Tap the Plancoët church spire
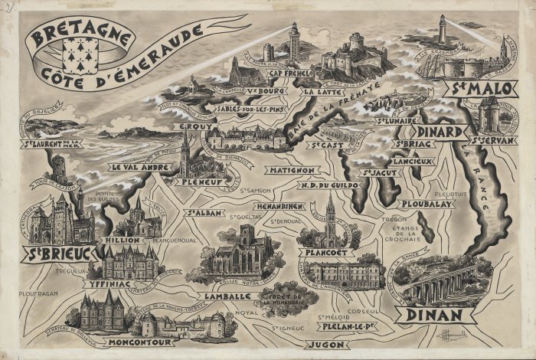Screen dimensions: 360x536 (x=330, y=207)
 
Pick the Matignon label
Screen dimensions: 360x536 (x=291, y=169)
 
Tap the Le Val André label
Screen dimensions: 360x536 (x=138, y=166)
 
